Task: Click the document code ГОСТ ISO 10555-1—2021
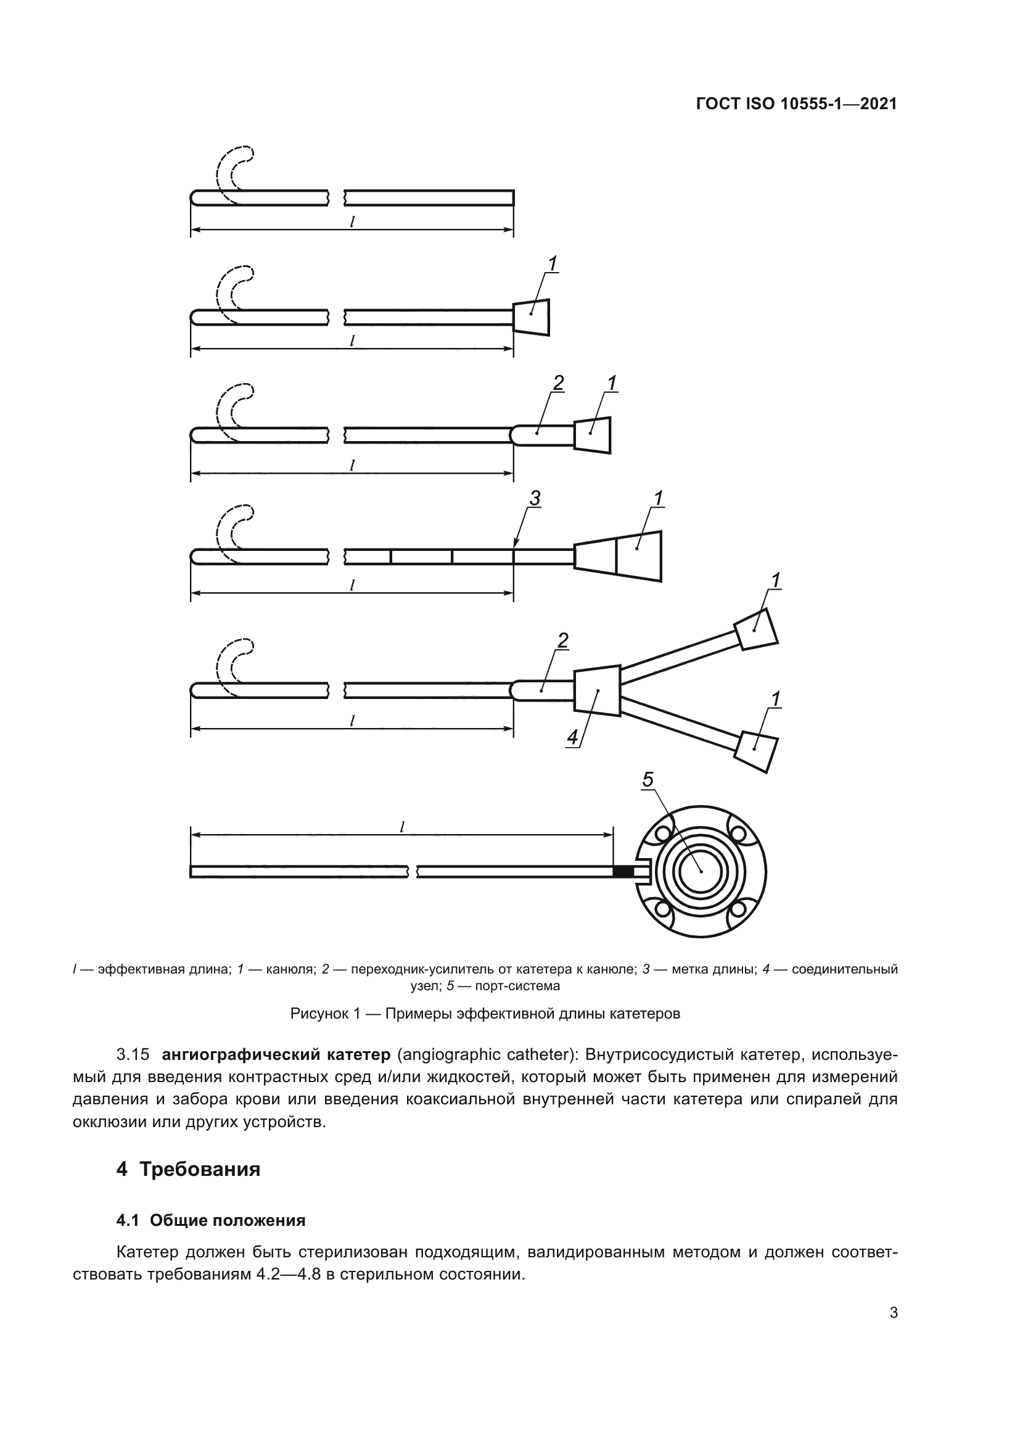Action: tap(796, 104)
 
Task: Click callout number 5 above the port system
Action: tap(648, 780)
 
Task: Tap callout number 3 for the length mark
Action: tap(535, 498)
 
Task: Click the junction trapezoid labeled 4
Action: tap(598, 690)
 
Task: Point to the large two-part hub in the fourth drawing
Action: tap(619, 556)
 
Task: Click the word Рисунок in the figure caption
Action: tap(316, 1014)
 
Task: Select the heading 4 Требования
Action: tap(189, 1170)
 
